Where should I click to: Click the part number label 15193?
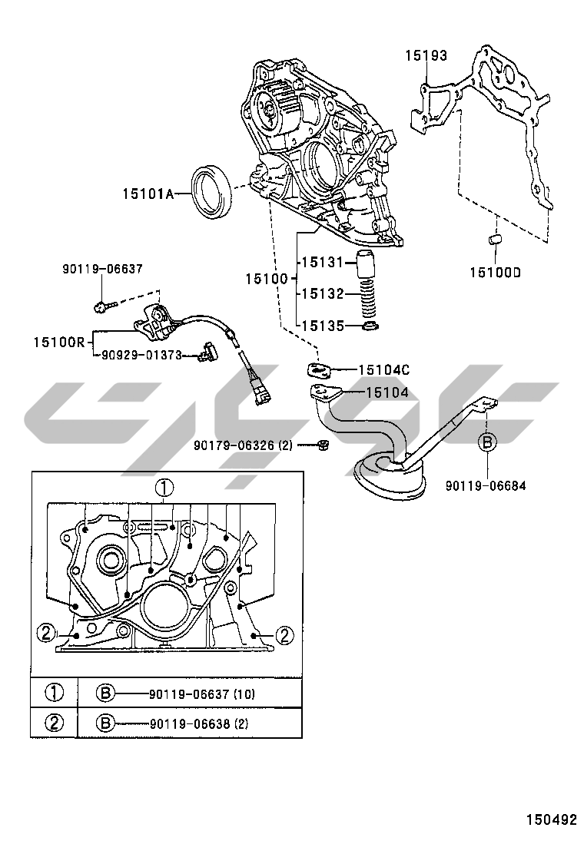426,55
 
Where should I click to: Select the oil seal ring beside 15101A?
214,191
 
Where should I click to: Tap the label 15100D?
495,273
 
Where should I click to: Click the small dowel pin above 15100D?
495,240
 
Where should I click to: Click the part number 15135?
323,326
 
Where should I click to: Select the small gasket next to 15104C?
319,369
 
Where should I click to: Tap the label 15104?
387,392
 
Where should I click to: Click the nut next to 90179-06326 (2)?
323,445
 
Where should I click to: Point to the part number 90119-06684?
486,485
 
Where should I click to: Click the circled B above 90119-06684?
487,442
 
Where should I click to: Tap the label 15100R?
59,342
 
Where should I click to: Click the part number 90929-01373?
141,355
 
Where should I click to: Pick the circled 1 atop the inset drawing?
164,488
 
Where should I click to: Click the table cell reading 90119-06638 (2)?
199,724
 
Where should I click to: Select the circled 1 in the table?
55,693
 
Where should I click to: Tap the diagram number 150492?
551,819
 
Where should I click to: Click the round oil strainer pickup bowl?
390,478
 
